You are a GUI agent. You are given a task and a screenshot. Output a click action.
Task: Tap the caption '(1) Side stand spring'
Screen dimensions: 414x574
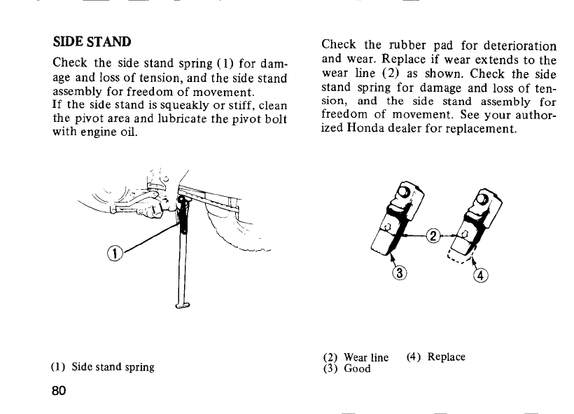(x=102, y=366)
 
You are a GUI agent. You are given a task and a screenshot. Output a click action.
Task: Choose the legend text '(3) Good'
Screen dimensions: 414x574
(x=346, y=368)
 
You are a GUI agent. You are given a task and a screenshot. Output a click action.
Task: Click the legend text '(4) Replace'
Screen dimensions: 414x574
(x=435, y=357)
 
